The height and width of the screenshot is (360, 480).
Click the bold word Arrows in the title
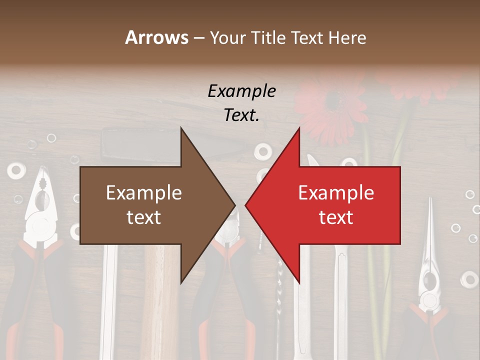pyautogui.click(x=156, y=37)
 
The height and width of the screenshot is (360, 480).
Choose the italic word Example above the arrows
pyautogui.click(x=241, y=91)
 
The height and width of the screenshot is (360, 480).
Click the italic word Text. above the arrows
pyautogui.click(x=241, y=115)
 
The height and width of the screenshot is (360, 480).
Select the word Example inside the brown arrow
pyautogui.click(x=144, y=192)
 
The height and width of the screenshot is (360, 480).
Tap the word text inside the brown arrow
pyautogui.click(x=144, y=217)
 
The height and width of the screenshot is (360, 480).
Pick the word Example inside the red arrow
pyautogui.click(x=336, y=192)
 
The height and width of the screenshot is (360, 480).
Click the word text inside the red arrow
pyautogui.click(x=336, y=217)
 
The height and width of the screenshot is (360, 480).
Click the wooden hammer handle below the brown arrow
pyautogui.click(x=164, y=300)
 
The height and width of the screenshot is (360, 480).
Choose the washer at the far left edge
pyautogui.click(x=15, y=170)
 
